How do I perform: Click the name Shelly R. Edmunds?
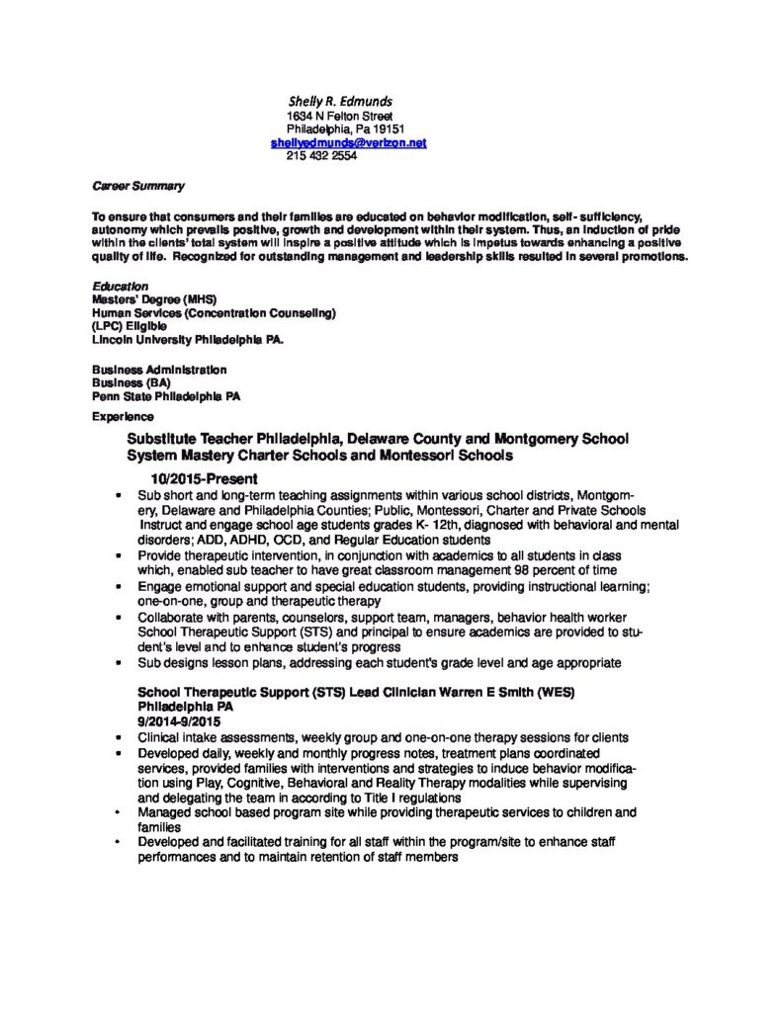coord(340,101)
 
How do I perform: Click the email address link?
coord(348,142)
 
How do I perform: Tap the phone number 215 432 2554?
coord(321,156)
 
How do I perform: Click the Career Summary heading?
coord(138,186)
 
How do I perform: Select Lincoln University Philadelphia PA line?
coord(187,339)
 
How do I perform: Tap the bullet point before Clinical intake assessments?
coord(119,738)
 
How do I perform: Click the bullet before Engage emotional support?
coord(119,587)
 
